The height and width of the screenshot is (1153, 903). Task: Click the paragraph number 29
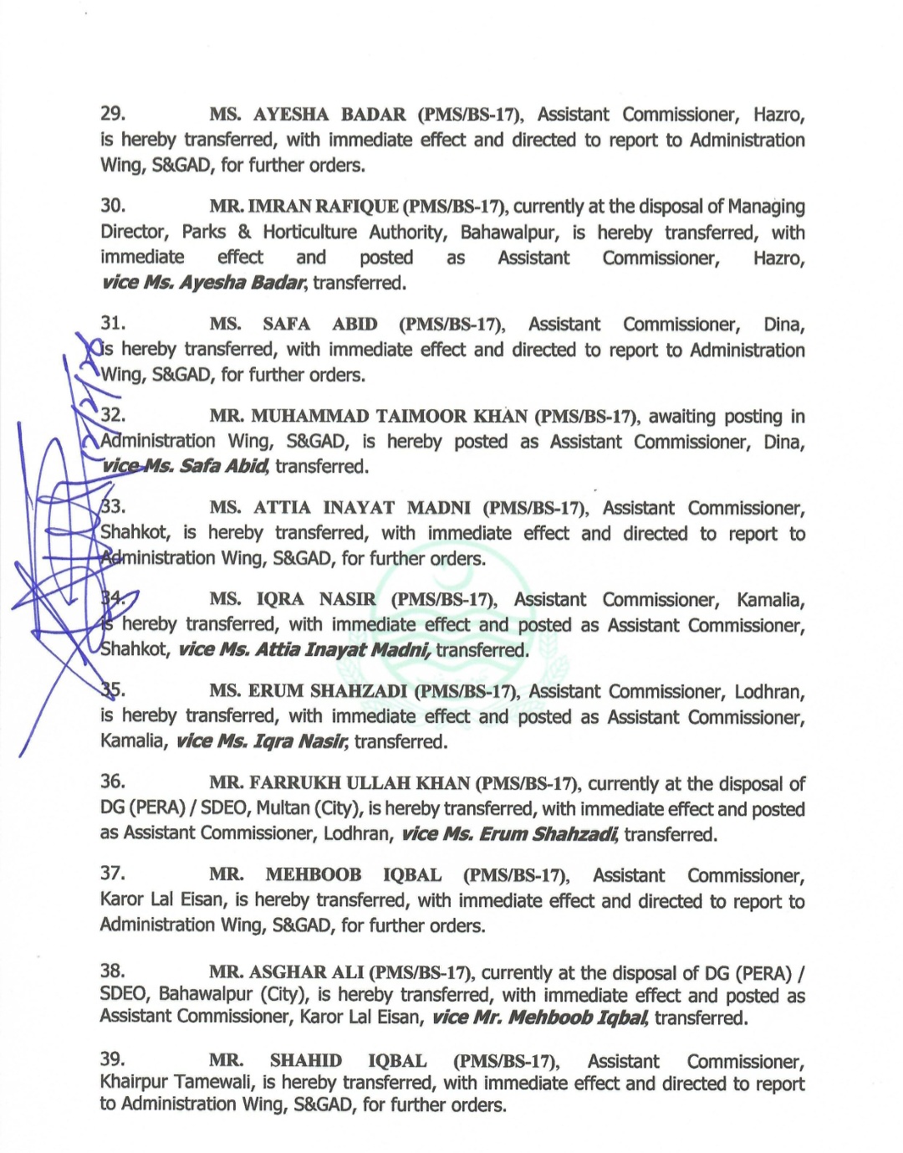click(112, 114)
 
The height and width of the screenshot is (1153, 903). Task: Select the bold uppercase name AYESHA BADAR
click(329, 115)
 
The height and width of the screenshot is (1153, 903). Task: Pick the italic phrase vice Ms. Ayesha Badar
click(203, 283)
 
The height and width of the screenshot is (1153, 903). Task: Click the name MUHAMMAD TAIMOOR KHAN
click(389, 417)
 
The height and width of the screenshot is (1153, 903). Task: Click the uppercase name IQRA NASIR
click(315, 599)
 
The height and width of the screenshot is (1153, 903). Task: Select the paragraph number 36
click(112, 781)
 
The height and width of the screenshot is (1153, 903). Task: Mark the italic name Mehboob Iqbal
click(577, 1017)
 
